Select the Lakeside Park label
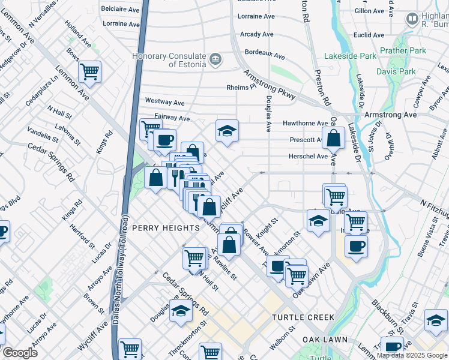[x=350, y=56]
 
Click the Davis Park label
[x=396, y=71]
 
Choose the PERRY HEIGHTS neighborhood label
[x=165, y=228]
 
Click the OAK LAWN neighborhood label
[x=325, y=340]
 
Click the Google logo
[x=20, y=353]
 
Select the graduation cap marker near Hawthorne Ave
[x=227, y=131]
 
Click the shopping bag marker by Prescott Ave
[x=333, y=138]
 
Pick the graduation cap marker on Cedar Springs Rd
[x=181, y=311]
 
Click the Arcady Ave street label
[x=256, y=35]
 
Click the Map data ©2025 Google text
[x=411, y=355]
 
